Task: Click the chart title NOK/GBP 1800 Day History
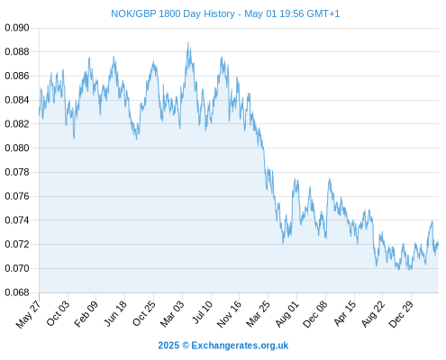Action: coord(173,13)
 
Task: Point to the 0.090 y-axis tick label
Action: coord(17,28)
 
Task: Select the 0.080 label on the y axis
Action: coord(17,148)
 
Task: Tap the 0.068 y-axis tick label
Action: coord(17,292)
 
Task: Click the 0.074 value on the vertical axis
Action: coord(17,220)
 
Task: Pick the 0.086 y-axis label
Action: coord(17,76)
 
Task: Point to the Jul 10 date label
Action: coord(203,312)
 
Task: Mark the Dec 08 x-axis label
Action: coord(315,314)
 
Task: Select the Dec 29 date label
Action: coord(401,314)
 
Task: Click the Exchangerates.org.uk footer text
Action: coord(240,346)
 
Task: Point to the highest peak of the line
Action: coord(188,42)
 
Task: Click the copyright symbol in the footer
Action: coord(186,346)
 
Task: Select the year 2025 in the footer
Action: coord(168,346)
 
